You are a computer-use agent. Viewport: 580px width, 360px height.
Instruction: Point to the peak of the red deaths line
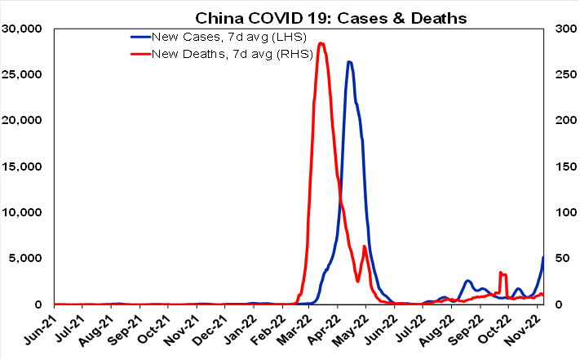(321, 43)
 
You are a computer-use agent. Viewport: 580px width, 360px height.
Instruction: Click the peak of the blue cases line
(349, 61)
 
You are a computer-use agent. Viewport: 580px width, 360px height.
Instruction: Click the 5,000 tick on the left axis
(29, 259)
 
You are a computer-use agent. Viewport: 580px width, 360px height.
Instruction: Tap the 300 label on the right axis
(563, 29)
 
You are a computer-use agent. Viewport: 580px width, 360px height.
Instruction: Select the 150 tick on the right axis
(563, 167)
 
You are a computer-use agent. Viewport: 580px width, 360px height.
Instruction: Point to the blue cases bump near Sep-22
(468, 281)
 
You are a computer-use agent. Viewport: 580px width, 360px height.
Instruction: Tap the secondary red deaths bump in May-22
(364, 246)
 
